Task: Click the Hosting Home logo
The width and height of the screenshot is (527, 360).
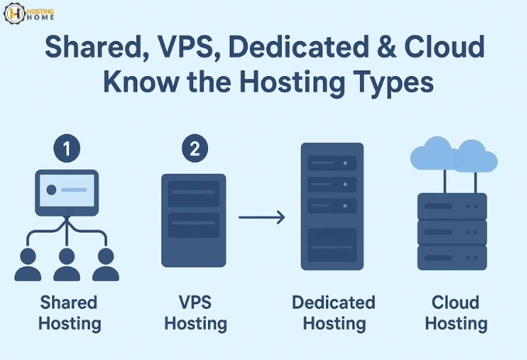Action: point(29,16)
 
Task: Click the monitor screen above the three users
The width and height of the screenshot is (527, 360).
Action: point(68,190)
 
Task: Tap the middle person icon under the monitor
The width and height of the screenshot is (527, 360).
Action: point(68,263)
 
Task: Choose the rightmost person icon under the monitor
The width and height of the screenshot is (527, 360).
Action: point(106,263)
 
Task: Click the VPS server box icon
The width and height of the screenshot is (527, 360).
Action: point(193,220)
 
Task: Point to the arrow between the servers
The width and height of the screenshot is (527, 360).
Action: point(262,218)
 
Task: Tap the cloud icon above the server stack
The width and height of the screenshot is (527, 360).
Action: point(452,154)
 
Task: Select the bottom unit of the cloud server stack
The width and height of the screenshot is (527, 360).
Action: point(452,257)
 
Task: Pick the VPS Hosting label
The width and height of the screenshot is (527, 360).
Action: point(195,312)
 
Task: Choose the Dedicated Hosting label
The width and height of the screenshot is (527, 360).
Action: point(334,312)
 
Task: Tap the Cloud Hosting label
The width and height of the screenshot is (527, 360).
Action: point(456,312)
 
